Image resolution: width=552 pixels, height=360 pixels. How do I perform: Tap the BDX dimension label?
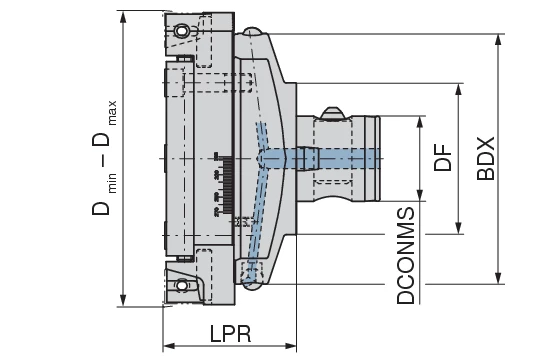[x=486, y=158]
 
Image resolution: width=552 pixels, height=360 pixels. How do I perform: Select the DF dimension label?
[x=444, y=158]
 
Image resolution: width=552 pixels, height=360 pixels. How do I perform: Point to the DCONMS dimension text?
[x=405, y=256]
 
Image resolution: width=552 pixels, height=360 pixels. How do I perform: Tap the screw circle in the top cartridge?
[x=181, y=33]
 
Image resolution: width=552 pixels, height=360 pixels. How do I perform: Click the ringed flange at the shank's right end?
[x=375, y=157]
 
